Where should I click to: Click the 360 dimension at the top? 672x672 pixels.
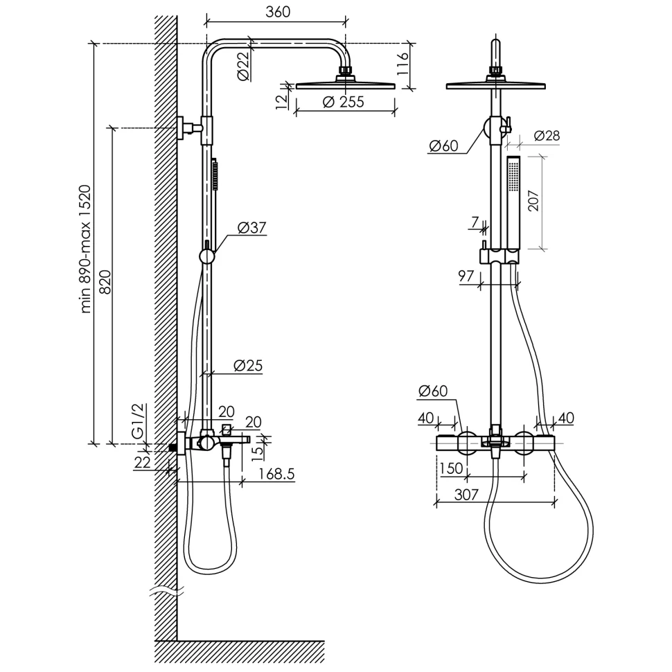[x=278, y=12]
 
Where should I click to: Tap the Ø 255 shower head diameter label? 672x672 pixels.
[x=343, y=102]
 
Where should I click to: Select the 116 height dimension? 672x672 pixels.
[x=403, y=64]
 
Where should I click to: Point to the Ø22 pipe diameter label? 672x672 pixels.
[x=243, y=66]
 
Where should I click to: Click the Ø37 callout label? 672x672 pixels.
[x=252, y=227]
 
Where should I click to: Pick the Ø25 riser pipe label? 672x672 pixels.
[x=248, y=366]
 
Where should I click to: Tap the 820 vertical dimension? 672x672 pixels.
[x=105, y=282]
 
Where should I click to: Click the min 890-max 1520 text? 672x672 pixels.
[x=85, y=249]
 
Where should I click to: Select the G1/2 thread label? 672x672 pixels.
[x=139, y=421]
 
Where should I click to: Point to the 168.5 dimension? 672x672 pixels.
[x=277, y=474]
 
